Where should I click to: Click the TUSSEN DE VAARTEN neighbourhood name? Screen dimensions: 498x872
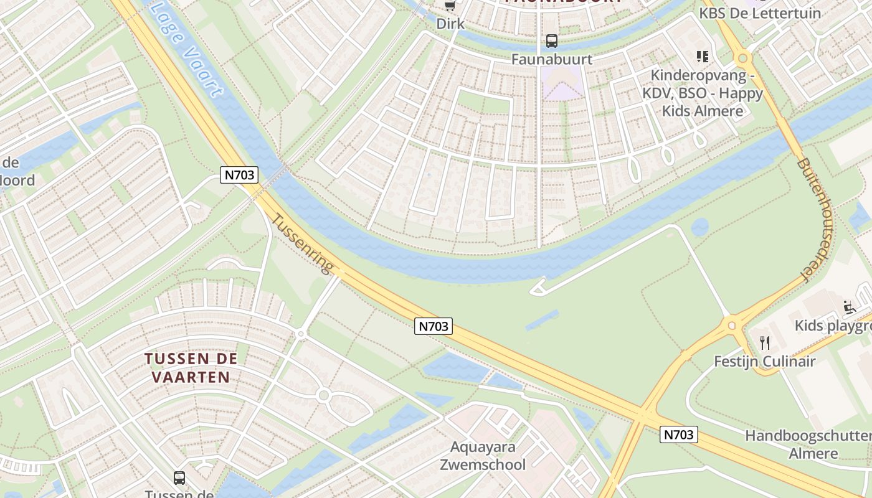click(x=191, y=368)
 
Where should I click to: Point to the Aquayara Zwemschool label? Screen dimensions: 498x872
click(x=483, y=456)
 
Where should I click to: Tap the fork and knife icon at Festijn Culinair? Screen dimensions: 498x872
click(x=765, y=342)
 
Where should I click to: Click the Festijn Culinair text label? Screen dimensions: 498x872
click(x=765, y=361)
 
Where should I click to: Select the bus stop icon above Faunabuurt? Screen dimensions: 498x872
click(x=551, y=41)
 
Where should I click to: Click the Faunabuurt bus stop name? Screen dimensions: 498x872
click(x=551, y=59)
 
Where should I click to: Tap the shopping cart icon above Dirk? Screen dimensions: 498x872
click(x=450, y=6)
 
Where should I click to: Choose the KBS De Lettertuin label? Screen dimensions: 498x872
click(x=760, y=13)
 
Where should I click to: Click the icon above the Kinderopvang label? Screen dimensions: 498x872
click(x=703, y=57)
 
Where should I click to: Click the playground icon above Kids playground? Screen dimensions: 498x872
click(x=849, y=307)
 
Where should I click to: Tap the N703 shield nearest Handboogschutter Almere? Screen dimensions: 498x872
click(x=678, y=435)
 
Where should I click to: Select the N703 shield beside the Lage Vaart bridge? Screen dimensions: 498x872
click(x=240, y=175)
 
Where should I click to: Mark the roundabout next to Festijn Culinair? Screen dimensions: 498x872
click(x=731, y=324)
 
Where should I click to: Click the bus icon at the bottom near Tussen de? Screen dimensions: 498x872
click(x=179, y=478)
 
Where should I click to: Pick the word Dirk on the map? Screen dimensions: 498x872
click(x=450, y=24)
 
